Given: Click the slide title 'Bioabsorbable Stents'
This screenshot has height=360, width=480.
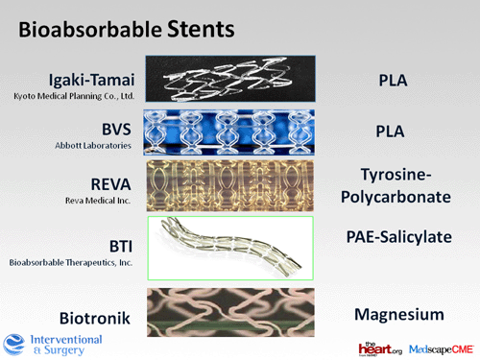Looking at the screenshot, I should coord(125,29).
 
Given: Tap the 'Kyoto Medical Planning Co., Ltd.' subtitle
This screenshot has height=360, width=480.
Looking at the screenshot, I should coord(71,96).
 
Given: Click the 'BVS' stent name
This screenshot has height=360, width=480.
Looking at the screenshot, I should coord(113,128).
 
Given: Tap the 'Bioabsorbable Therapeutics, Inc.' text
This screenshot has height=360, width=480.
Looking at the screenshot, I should coord(72,261).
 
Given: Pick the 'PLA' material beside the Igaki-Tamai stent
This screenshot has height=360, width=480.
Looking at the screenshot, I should coord(391,80).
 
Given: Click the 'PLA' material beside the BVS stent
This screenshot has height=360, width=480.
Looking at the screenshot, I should coord(391,130).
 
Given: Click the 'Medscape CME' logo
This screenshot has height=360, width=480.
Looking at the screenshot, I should coord(439,348).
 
